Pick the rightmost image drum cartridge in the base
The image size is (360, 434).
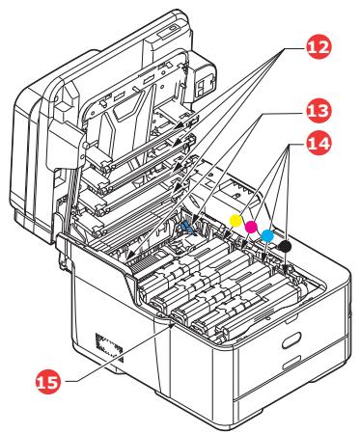click(241, 289)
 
